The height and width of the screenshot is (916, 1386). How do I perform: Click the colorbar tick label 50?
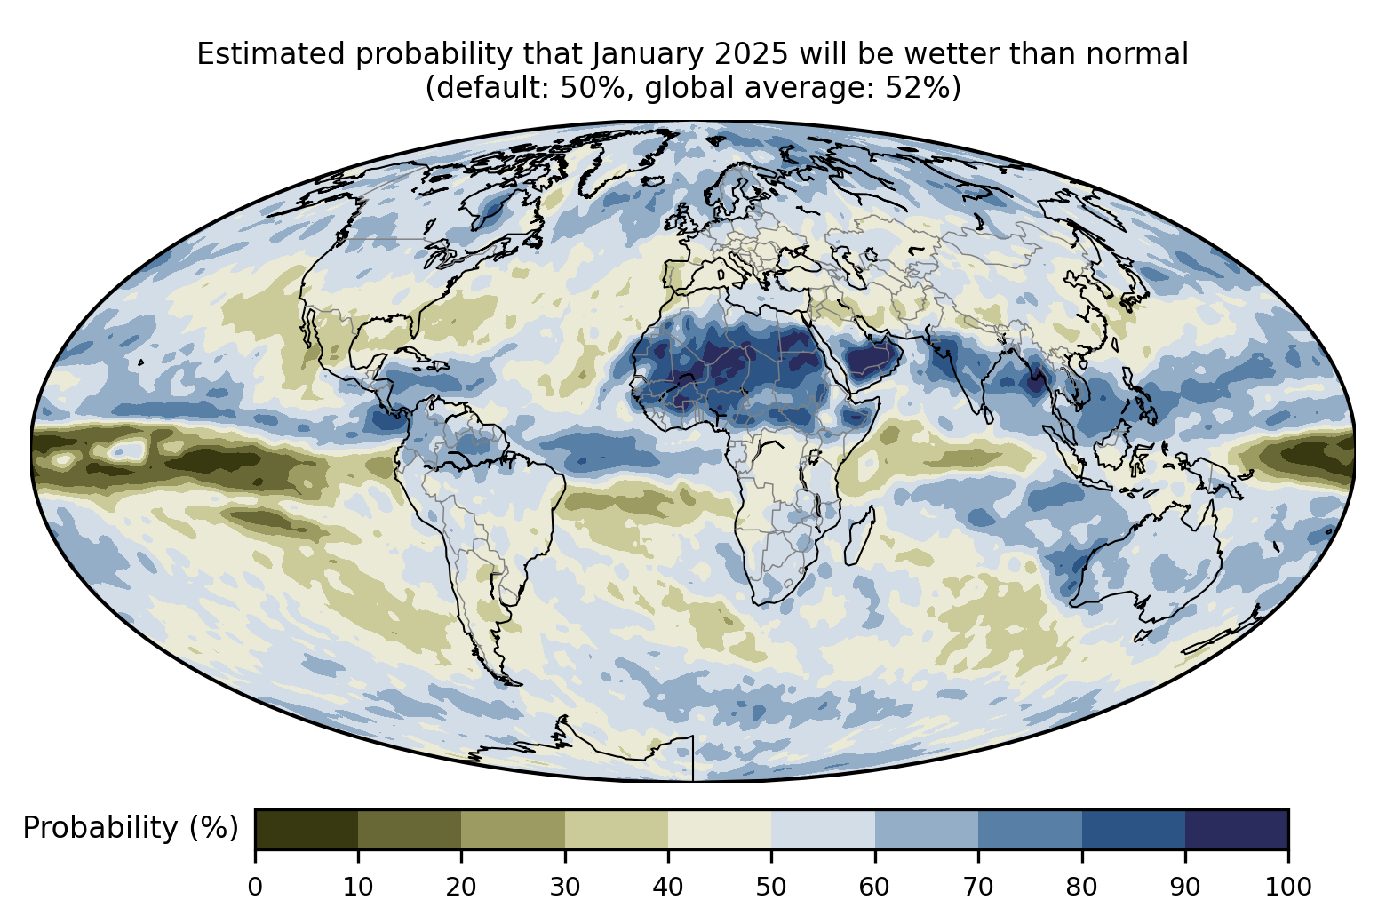pos(771,888)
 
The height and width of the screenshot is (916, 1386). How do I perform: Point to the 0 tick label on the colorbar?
pos(255,888)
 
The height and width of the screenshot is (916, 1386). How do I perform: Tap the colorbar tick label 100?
pos(1288,888)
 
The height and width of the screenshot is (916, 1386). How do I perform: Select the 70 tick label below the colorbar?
pos(977,888)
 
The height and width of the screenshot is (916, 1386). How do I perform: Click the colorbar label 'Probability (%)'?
pos(131,828)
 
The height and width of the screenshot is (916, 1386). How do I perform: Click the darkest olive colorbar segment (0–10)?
pos(307,829)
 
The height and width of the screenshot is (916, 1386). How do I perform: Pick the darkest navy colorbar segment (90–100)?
pos(1237,829)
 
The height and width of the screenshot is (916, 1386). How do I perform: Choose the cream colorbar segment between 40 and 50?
pos(720,829)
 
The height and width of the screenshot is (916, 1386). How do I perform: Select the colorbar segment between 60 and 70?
pos(927,829)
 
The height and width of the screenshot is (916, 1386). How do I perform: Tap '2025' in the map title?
pos(751,54)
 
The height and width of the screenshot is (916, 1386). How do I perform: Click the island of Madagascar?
pos(860,536)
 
